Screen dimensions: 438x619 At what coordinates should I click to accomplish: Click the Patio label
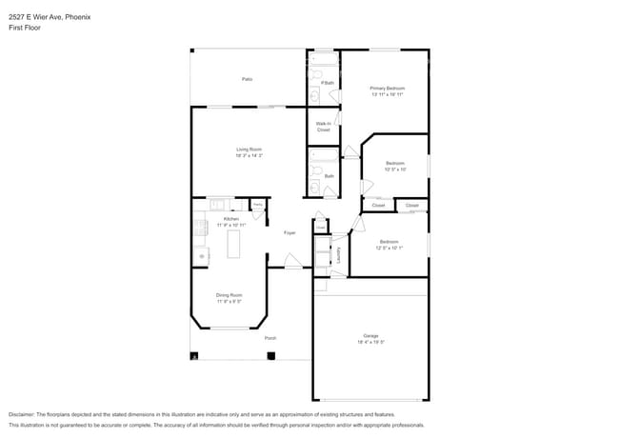click(x=247, y=79)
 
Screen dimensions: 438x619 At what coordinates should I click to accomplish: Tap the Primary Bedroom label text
click(x=387, y=89)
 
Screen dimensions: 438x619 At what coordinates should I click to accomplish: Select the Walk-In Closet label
click(x=323, y=127)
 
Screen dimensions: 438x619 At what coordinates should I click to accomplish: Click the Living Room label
click(x=249, y=149)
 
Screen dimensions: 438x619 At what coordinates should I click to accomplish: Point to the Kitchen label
click(x=231, y=219)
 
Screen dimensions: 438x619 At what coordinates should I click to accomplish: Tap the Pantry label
click(x=257, y=205)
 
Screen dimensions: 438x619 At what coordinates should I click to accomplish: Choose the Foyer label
click(x=289, y=232)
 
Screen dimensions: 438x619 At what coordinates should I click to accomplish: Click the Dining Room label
click(x=229, y=295)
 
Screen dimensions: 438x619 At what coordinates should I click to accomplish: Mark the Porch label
click(x=270, y=338)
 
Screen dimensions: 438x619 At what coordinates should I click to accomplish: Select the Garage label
click(x=370, y=335)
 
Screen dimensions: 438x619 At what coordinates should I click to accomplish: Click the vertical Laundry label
click(x=338, y=255)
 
